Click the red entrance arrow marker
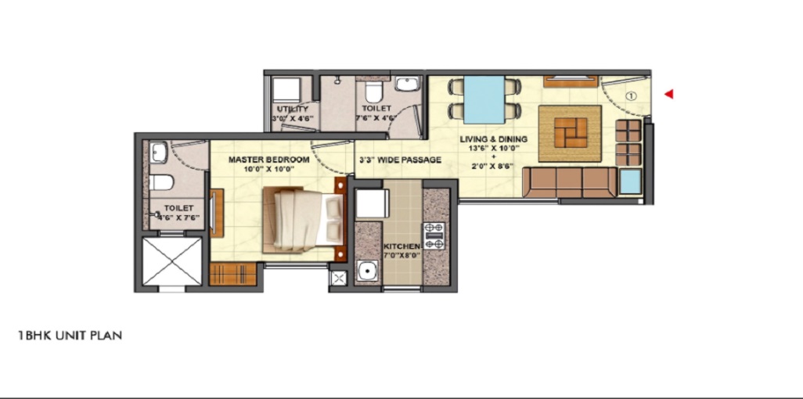tap(669, 95)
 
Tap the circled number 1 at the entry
tap(632, 96)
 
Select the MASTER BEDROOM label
tap(268, 160)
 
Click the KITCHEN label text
tap(402, 246)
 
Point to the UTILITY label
tap(292, 109)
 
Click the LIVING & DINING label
tap(493, 140)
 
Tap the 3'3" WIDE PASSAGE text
tap(400, 160)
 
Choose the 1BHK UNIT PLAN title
tap(70, 336)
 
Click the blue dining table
tap(484, 99)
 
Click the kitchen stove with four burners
tap(434, 235)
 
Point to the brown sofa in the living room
tap(569, 183)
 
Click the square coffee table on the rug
tap(570, 133)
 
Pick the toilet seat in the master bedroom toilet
tap(162, 182)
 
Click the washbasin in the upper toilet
tap(407, 84)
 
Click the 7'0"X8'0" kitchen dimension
tap(402, 256)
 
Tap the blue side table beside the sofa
tap(630, 182)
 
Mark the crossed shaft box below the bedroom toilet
tap(171, 262)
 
